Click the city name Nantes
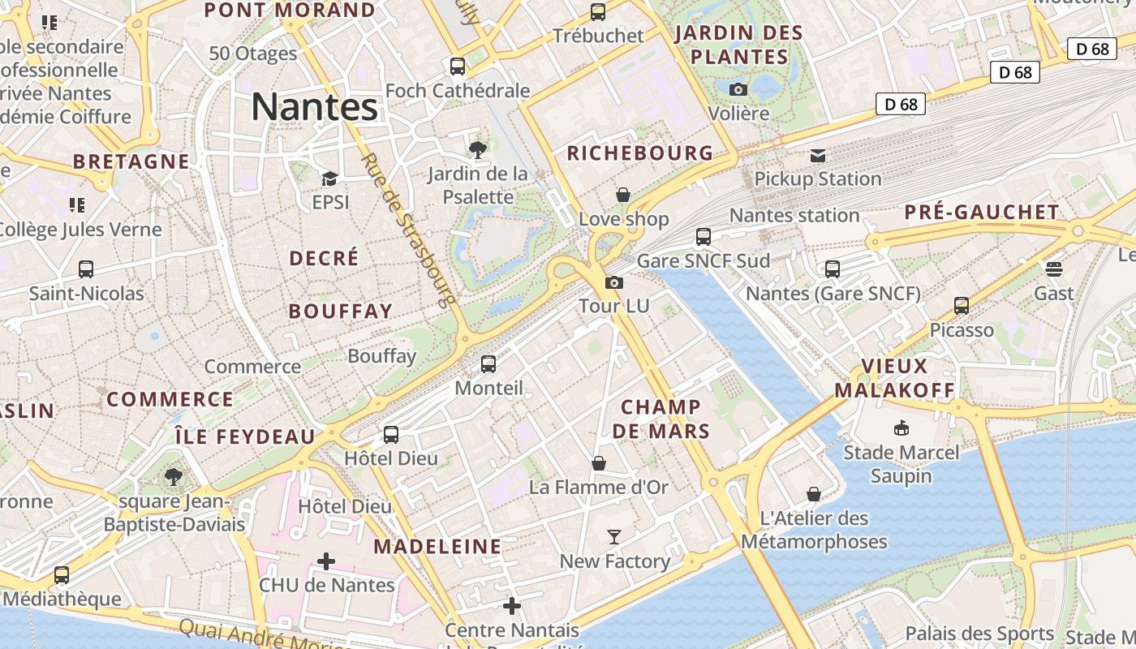tap(315, 106)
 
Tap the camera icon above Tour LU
tap(614, 282)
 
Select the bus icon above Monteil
tap(488, 364)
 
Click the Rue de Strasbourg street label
tap(406, 230)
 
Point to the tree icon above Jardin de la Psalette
tap(478, 149)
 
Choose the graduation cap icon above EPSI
tap(329, 178)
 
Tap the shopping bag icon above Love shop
tap(623, 195)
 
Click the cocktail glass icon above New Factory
tap(614, 537)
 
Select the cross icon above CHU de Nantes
tap(326, 561)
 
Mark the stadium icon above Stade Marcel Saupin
tap(901, 428)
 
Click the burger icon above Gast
tap(1054, 269)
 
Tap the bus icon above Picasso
tap(962, 306)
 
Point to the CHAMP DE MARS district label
tap(661, 419)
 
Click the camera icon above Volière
tap(738, 89)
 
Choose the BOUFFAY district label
tap(341, 311)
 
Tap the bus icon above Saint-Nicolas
tap(86, 269)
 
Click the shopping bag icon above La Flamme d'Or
tap(599, 463)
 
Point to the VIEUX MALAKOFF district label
tap(895, 377)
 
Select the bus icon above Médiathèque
tap(62, 575)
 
